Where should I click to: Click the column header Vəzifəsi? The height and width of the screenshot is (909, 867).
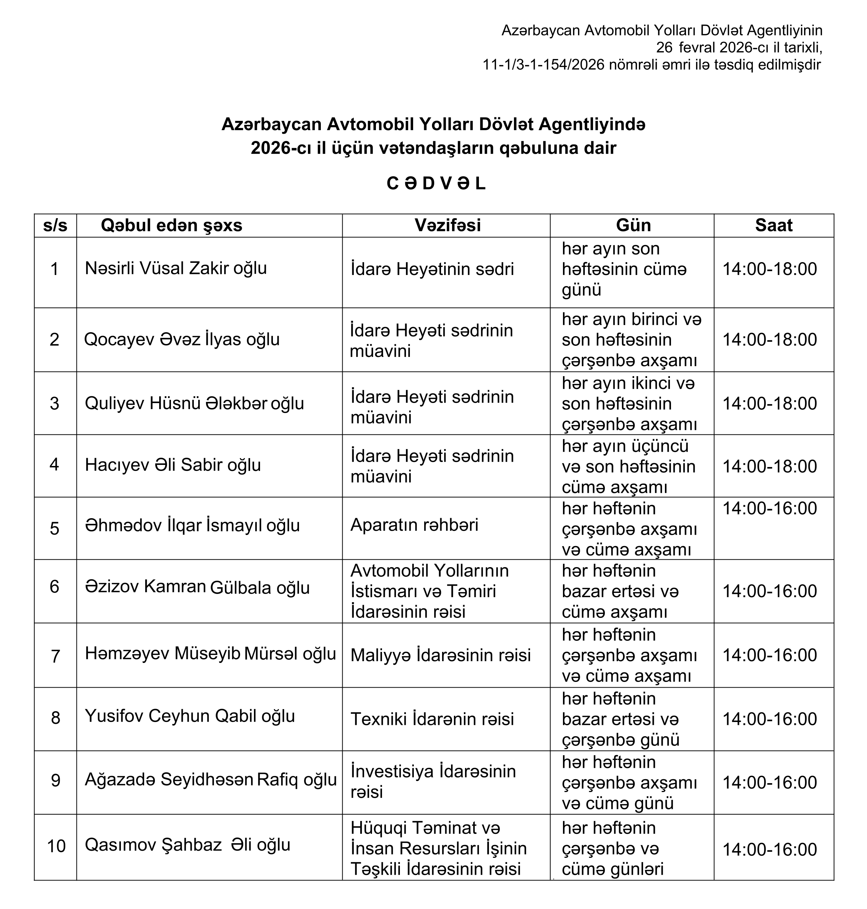click(x=447, y=226)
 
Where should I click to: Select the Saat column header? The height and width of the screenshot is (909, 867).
click(x=773, y=226)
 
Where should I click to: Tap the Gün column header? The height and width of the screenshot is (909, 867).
click(x=633, y=226)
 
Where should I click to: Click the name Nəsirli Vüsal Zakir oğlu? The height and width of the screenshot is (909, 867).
click(x=176, y=269)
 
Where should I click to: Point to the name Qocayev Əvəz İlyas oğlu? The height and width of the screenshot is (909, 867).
click(x=182, y=340)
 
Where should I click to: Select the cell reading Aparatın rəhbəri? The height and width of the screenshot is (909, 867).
click(x=414, y=525)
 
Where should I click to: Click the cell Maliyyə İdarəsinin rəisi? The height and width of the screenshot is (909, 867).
click(x=440, y=655)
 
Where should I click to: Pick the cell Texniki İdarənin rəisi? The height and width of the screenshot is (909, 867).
click(x=432, y=719)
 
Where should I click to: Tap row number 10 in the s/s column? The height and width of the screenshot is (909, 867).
click(x=56, y=846)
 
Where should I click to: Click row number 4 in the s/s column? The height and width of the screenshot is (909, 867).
click(x=54, y=465)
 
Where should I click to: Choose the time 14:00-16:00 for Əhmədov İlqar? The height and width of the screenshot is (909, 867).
click(x=769, y=509)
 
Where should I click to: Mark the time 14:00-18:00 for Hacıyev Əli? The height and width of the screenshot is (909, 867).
click(x=769, y=466)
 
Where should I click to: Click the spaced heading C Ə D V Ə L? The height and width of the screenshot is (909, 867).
click(x=436, y=184)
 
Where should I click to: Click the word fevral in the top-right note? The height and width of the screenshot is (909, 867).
click(x=699, y=48)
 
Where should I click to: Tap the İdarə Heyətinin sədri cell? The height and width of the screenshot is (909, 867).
click(x=432, y=269)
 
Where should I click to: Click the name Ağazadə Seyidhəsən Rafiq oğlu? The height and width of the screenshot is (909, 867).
click(x=210, y=780)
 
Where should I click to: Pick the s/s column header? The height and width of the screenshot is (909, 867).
click(x=55, y=226)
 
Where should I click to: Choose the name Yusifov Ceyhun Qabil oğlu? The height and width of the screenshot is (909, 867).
click(x=190, y=716)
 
